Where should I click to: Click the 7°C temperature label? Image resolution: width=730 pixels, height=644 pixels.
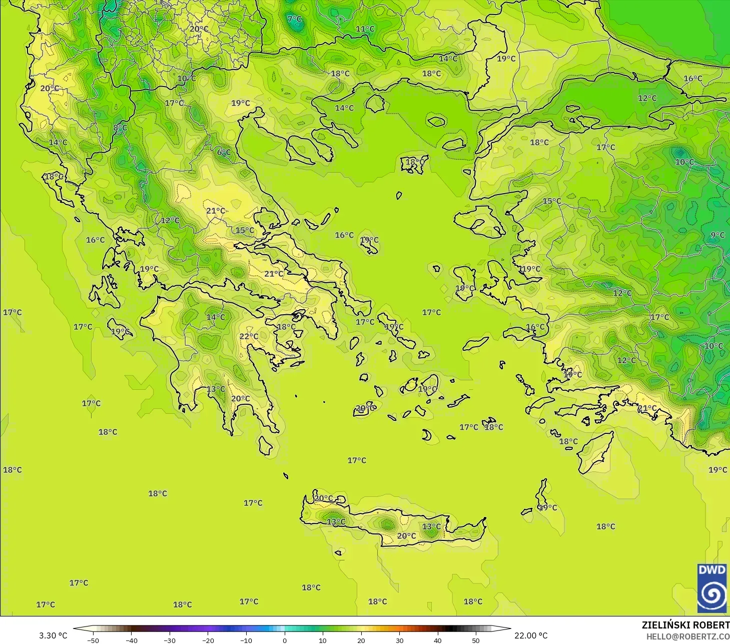(295, 19)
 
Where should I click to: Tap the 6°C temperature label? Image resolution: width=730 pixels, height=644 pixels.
(224, 152)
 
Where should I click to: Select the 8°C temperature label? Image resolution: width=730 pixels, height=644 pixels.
(120, 128)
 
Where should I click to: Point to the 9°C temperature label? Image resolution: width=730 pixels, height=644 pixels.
(717, 235)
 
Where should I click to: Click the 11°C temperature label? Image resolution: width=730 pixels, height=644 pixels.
(365, 29)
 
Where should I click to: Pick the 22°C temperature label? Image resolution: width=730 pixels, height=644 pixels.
(249, 336)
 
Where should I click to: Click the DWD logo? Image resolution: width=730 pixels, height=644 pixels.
(712, 588)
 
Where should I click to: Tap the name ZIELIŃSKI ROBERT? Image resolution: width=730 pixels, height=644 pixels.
(685, 625)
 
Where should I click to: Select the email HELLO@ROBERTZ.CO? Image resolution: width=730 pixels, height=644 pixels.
(687, 636)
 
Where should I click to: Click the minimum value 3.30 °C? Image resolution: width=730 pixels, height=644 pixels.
(53, 635)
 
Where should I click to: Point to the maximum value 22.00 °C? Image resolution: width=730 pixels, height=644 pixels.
(531, 635)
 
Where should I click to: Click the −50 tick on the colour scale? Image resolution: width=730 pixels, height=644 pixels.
(93, 640)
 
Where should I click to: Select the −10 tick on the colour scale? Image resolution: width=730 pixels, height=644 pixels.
(246, 640)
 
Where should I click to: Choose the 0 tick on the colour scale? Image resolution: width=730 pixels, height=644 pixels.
(284, 640)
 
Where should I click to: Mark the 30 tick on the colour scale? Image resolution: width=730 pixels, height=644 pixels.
(399, 640)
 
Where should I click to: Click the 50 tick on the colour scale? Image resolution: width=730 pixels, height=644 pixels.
(476, 640)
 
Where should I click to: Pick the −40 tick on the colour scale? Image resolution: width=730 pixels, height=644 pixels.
(131, 640)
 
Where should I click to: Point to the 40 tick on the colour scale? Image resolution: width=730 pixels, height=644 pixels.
(437, 640)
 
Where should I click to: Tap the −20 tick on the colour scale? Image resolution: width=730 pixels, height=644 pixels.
(208, 640)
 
